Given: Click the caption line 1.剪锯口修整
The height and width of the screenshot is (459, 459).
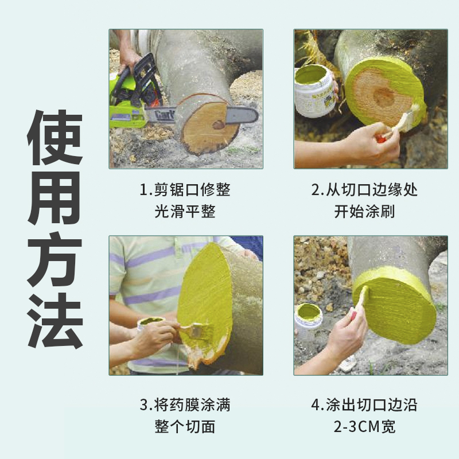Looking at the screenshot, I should tap(185, 190).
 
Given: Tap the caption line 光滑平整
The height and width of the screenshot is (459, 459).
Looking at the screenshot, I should tap(185, 212).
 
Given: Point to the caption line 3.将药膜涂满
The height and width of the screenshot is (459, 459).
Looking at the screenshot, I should tap(185, 406).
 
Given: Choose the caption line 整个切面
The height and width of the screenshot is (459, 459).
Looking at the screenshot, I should tap(185, 427).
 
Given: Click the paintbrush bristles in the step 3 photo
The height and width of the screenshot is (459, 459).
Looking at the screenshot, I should tap(195, 330).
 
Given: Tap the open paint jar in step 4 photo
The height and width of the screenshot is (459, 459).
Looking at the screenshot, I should tap(308, 318).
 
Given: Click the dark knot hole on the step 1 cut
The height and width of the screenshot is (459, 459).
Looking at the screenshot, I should tap(219, 124).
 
